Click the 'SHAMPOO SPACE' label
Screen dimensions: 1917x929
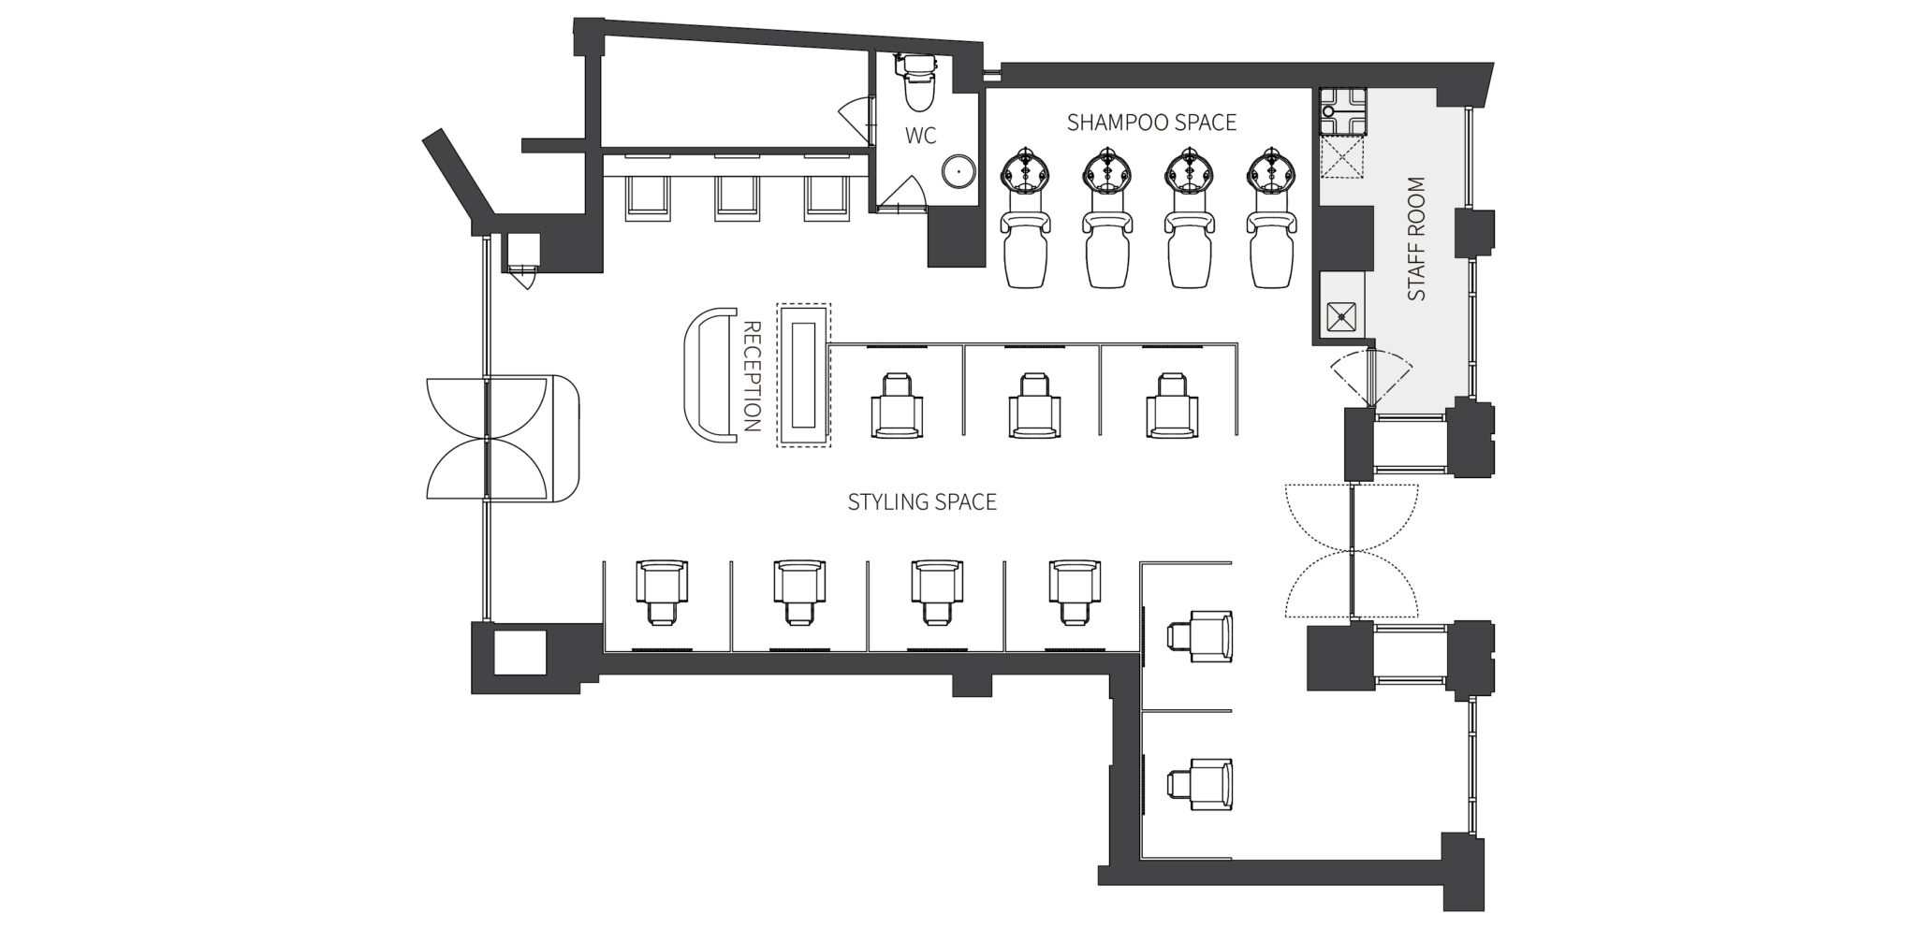tap(1151, 123)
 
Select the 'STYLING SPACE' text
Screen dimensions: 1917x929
tap(922, 502)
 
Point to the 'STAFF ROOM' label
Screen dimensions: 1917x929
tap(1416, 239)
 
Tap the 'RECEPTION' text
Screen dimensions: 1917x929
tap(751, 376)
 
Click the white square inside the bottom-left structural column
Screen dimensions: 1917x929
tap(519, 653)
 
